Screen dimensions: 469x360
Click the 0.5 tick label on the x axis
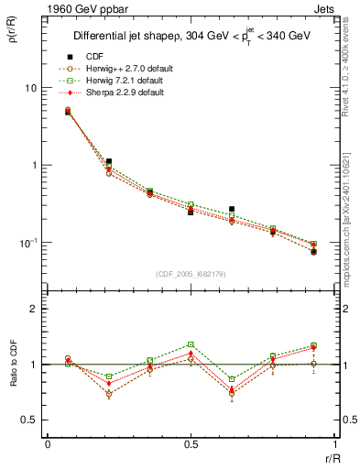[191, 444]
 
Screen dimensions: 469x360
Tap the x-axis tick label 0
[48, 444]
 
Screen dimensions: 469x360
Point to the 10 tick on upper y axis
[30, 88]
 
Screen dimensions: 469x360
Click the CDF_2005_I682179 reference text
[191, 275]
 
